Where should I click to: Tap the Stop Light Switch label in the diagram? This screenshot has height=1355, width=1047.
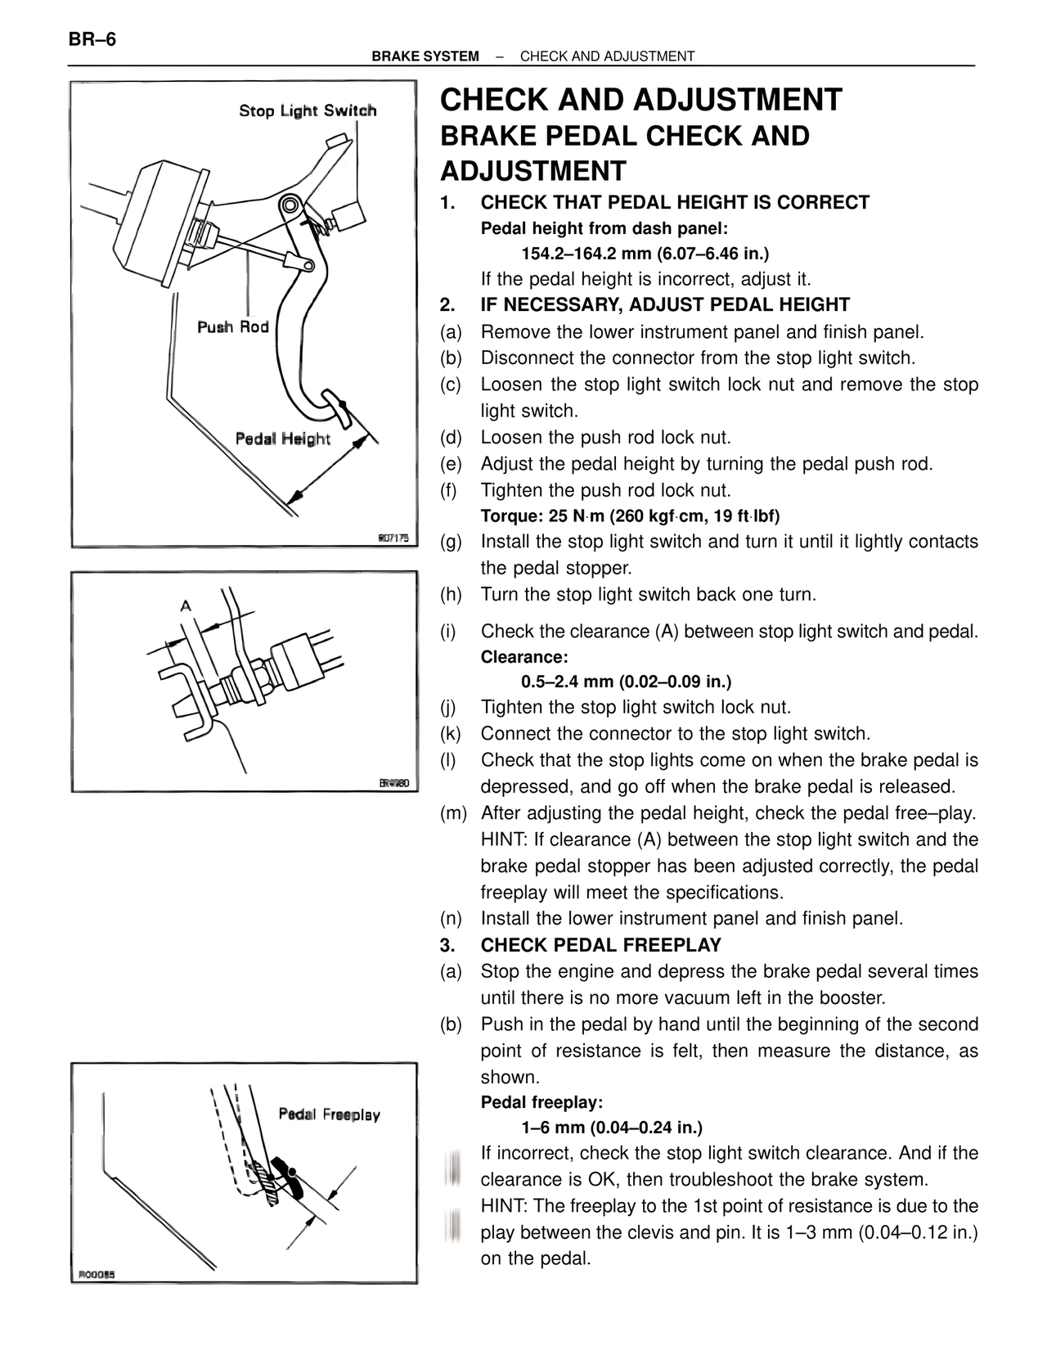pos(308,110)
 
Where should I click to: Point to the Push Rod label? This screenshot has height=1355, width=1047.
pos(233,327)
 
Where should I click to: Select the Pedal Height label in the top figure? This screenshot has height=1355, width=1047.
pos(282,439)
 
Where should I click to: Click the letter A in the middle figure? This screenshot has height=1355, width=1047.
pos(186,606)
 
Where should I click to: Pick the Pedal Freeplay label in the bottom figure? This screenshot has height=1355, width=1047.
pos(329,1114)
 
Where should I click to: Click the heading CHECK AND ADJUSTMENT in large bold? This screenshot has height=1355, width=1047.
pos(640,101)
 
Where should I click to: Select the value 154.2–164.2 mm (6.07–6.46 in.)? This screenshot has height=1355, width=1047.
pos(645,254)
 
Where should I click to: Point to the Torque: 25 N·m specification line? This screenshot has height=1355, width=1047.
pos(630,516)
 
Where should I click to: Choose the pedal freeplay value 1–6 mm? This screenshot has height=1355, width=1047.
pos(612,1128)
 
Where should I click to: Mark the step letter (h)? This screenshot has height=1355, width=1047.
pos(451,595)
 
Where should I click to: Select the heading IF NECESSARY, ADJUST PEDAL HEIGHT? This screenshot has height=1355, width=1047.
pos(664,305)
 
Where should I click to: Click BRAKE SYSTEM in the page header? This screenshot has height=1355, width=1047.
pos(425,56)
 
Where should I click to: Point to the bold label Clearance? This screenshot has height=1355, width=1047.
pos(523,657)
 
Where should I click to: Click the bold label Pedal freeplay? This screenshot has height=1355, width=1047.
pos(541,1102)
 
